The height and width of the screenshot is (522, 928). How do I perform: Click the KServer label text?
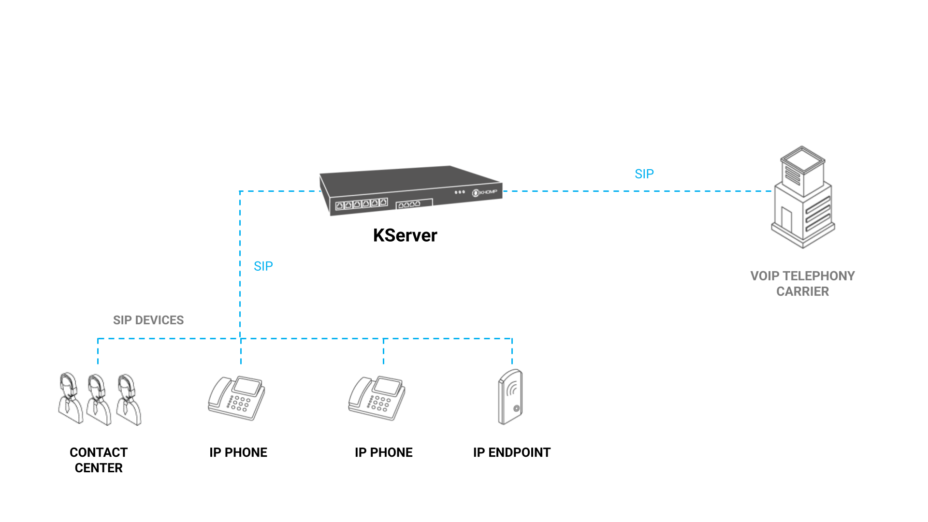pyautogui.click(x=405, y=235)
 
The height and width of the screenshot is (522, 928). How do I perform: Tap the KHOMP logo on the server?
pyautogui.click(x=485, y=192)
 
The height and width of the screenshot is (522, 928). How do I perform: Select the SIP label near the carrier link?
pyautogui.click(x=644, y=174)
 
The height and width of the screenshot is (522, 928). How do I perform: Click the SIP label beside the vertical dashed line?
pyautogui.click(x=263, y=266)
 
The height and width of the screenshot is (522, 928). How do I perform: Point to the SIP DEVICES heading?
pyautogui.click(x=148, y=320)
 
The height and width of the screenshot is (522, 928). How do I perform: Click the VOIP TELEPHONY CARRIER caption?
pyautogui.click(x=802, y=284)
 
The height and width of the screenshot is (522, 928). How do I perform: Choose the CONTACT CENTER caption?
pyautogui.click(x=99, y=460)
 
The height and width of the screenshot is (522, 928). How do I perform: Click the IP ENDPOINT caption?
pyautogui.click(x=511, y=452)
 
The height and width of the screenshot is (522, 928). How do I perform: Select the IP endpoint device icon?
pyautogui.click(x=510, y=397)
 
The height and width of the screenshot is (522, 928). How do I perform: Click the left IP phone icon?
pyautogui.click(x=236, y=398)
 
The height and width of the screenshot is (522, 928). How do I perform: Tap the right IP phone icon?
pyautogui.click(x=377, y=398)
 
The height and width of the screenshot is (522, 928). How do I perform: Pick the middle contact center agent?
pyautogui.click(x=98, y=399)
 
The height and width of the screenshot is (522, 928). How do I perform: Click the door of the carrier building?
pyautogui.click(x=786, y=219)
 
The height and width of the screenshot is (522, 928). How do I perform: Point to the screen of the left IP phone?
pyautogui.click(x=247, y=387)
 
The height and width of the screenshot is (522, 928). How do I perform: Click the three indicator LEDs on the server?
pyautogui.click(x=460, y=192)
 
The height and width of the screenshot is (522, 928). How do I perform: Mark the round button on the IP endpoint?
pyautogui.click(x=516, y=408)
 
